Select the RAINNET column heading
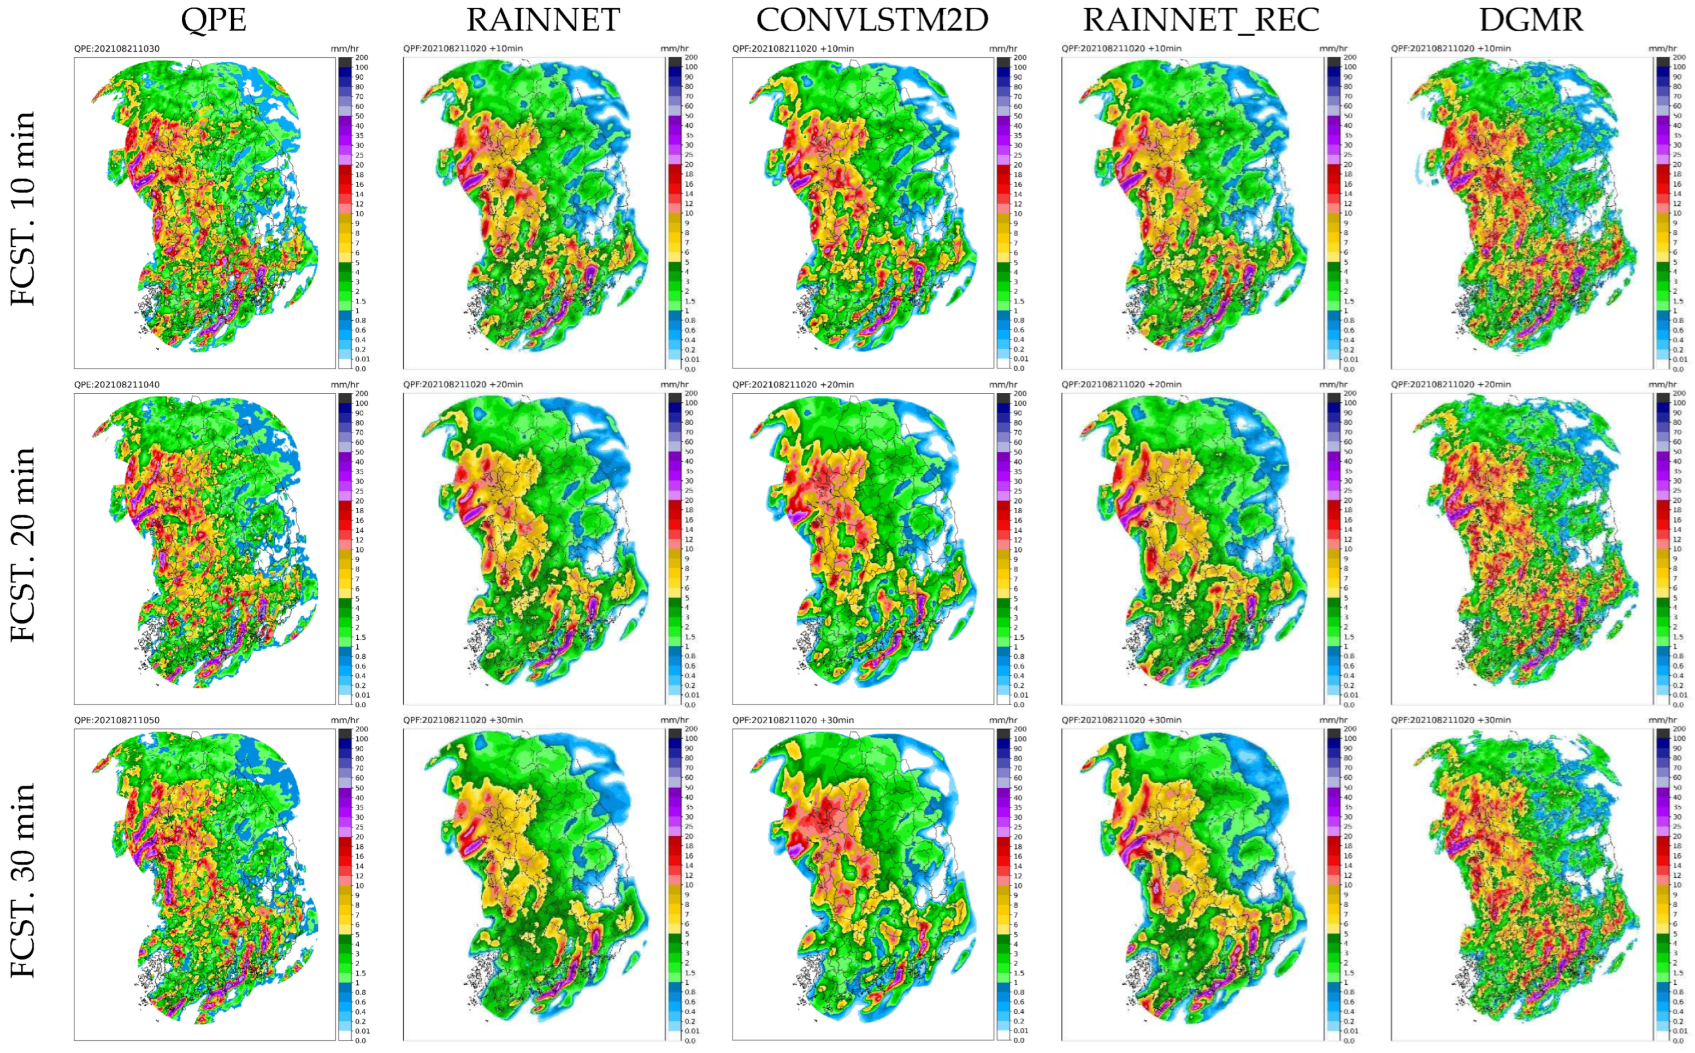tap(543, 20)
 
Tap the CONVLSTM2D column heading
tap(872, 20)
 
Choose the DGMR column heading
tap(1531, 20)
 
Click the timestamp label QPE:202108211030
tap(116, 49)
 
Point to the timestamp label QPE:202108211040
tap(116, 384)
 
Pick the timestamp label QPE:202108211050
tap(116, 720)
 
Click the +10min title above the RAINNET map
tap(463, 49)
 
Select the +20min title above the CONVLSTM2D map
tap(792, 384)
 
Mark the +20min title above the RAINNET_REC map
tap(1121, 384)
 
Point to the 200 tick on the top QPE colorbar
tap(362, 58)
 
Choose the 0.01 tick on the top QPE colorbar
tap(362, 359)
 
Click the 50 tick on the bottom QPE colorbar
tap(360, 788)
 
